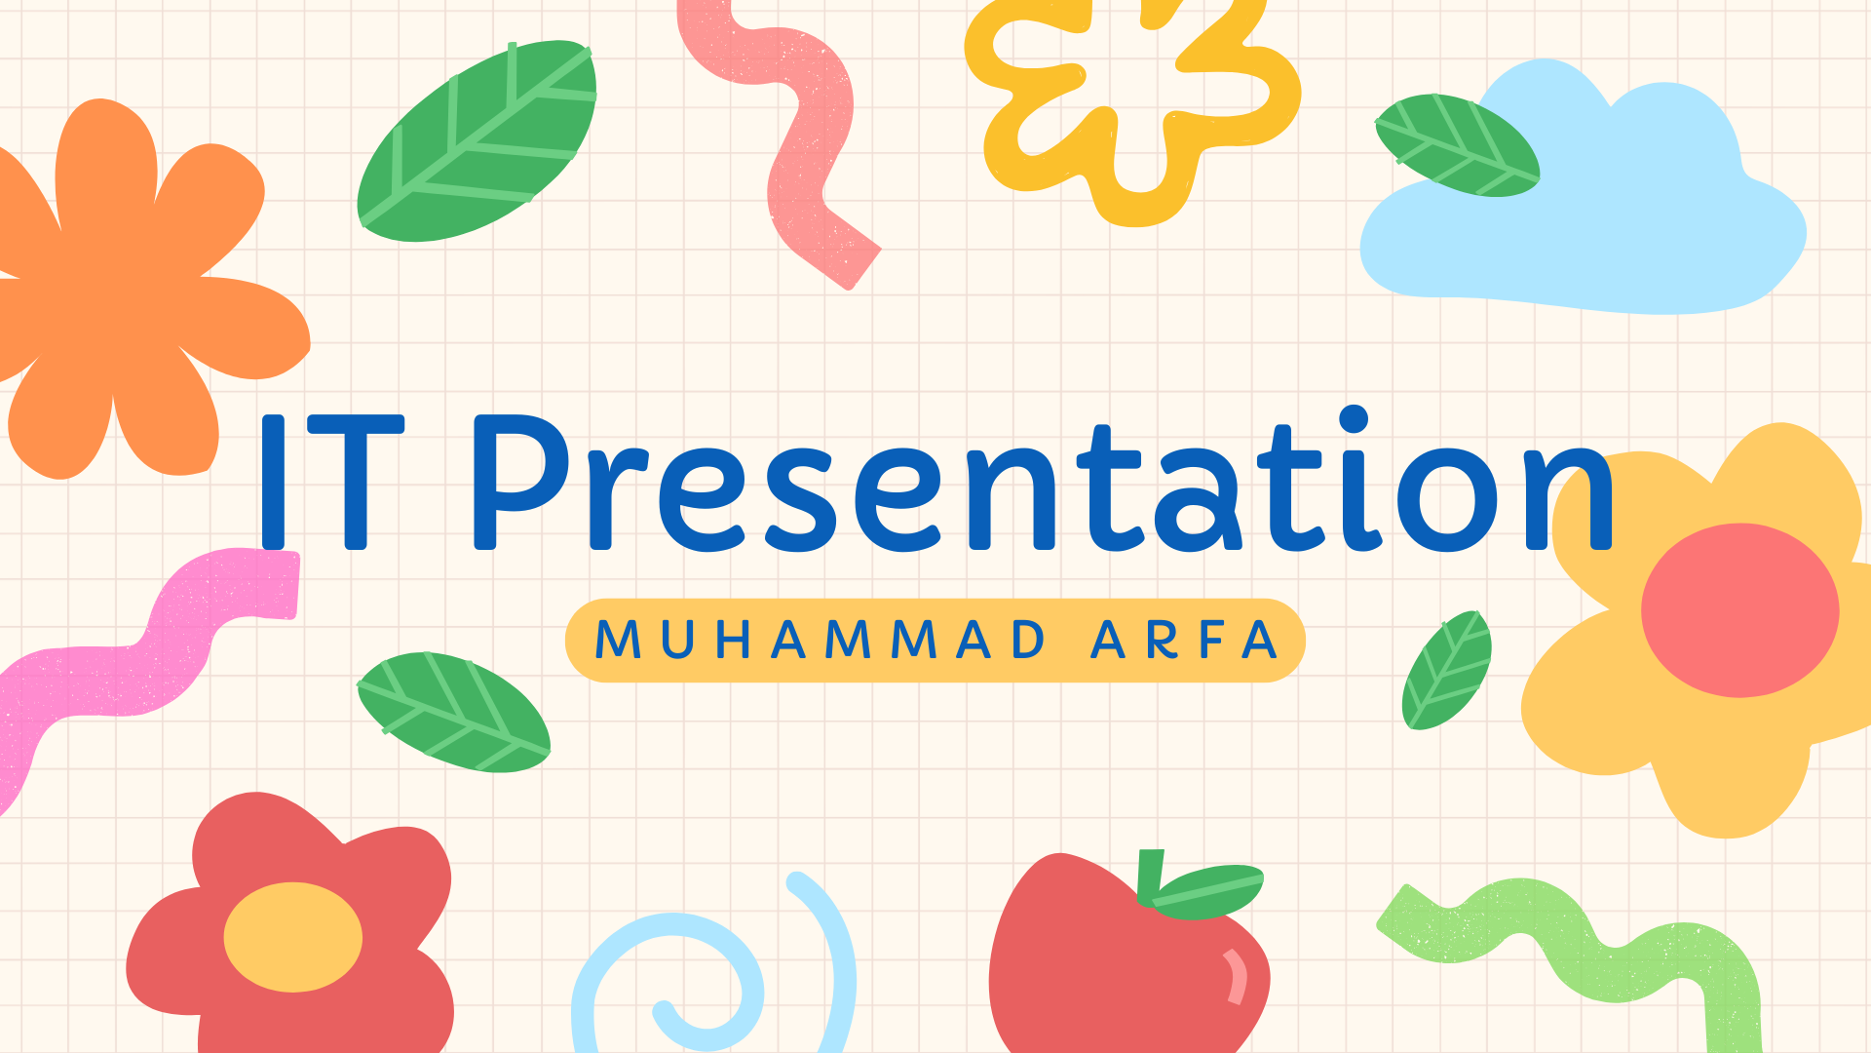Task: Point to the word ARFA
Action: coord(1184,641)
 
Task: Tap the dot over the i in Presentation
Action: coord(1354,419)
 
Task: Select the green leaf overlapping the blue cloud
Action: coord(1457,145)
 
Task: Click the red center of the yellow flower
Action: coord(1740,610)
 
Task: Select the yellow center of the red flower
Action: coord(293,937)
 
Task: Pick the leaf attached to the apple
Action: coord(1208,891)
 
